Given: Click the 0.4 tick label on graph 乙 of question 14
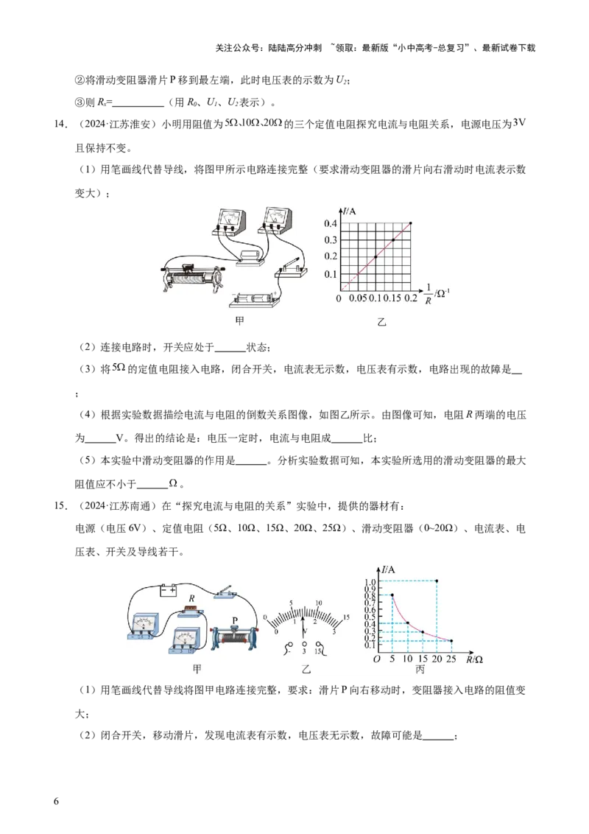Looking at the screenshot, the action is click(330, 223).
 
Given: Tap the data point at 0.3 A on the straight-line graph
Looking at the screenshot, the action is click(393, 240).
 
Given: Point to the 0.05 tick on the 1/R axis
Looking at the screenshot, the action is click(358, 298).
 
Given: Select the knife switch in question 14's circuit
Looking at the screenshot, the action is click(291, 269).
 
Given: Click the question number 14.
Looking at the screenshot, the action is click(60, 125).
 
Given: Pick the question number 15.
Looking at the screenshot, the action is click(60, 506).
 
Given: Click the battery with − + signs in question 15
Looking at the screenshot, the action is click(169, 590).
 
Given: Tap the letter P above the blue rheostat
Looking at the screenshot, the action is click(235, 621).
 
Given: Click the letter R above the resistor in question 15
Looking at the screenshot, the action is click(191, 598).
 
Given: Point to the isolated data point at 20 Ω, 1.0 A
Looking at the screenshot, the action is click(437, 581).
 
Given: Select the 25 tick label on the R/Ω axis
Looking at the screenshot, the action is click(451, 659).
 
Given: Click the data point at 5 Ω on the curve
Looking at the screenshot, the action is click(392, 595).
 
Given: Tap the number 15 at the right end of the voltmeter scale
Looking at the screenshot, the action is click(346, 617).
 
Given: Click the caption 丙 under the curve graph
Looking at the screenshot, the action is click(420, 669).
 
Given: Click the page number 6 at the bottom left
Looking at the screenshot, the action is click(57, 802).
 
